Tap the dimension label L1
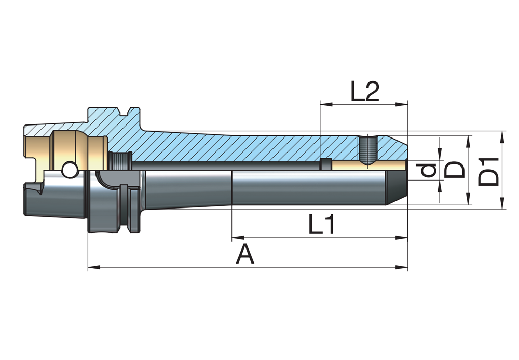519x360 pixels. tap(322, 225)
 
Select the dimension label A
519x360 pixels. tap(245, 255)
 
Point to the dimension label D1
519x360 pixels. tap(489, 171)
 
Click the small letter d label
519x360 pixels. tap(428, 170)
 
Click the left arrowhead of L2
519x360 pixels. tap(326, 104)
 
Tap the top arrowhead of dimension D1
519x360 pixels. tap(502, 136)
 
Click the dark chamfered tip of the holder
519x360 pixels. tap(399, 189)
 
